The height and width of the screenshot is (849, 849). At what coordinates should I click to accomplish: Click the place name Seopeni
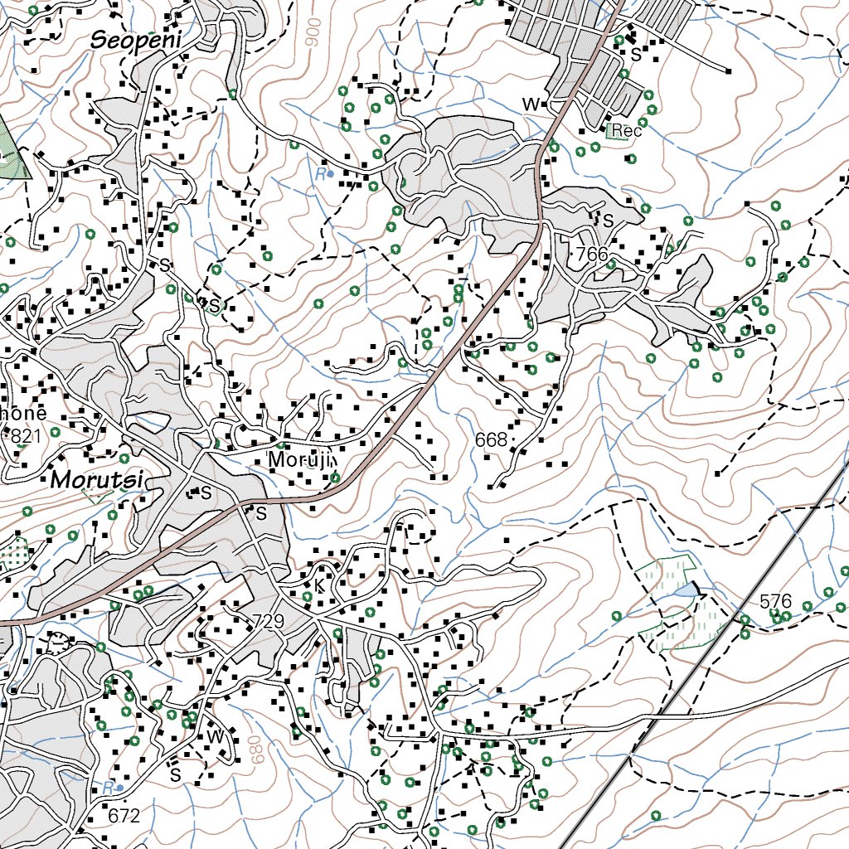[x=135, y=38]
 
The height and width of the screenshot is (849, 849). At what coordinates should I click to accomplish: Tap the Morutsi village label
[x=97, y=480]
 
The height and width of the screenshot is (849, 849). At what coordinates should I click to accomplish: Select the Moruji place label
[x=299, y=460]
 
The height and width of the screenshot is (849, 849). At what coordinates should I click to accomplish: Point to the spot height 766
[x=591, y=254]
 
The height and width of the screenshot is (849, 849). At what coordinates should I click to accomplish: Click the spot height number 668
[x=491, y=440]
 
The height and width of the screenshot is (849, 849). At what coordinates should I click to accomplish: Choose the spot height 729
[x=267, y=622]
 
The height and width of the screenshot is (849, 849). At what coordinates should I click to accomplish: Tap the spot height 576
[x=775, y=601]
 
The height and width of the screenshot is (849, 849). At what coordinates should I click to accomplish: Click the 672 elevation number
[x=124, y=816]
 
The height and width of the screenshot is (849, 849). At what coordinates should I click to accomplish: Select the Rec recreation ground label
[x=627, y=130]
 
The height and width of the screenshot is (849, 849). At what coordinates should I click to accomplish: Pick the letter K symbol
[x=318, y=586]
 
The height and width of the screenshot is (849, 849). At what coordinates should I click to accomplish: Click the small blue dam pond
[x=687, y=589]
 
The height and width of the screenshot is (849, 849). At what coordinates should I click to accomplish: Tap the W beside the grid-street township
[x=531, y=104]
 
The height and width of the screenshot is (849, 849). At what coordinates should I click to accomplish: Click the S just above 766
[x=608, y=221]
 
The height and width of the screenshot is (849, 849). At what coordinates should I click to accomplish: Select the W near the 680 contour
[x=215, y=735]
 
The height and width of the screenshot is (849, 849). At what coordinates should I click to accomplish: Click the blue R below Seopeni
[x=319, y=174]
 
